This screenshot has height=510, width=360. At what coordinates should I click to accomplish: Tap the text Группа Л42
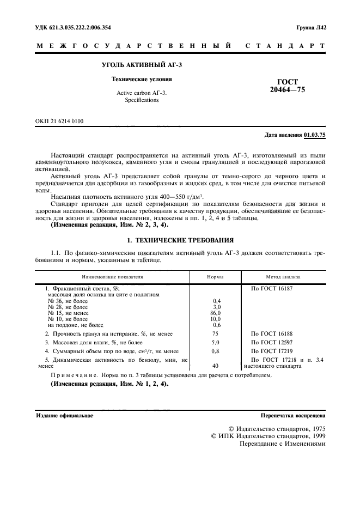[310, 27]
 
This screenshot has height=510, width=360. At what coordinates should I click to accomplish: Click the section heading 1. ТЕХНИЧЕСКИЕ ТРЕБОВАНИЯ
[180, 239]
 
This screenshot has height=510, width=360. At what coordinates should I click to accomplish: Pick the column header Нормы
[215, 277]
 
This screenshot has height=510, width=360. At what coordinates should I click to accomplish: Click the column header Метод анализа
[283, 277]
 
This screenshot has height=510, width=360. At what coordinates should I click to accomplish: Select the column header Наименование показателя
[113, 277]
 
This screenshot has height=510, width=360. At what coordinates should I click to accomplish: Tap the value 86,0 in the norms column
[216, 313]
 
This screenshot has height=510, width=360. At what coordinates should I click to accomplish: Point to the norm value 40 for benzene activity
[216, 366]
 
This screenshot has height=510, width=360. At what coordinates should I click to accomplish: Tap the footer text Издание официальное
[64, 415]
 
